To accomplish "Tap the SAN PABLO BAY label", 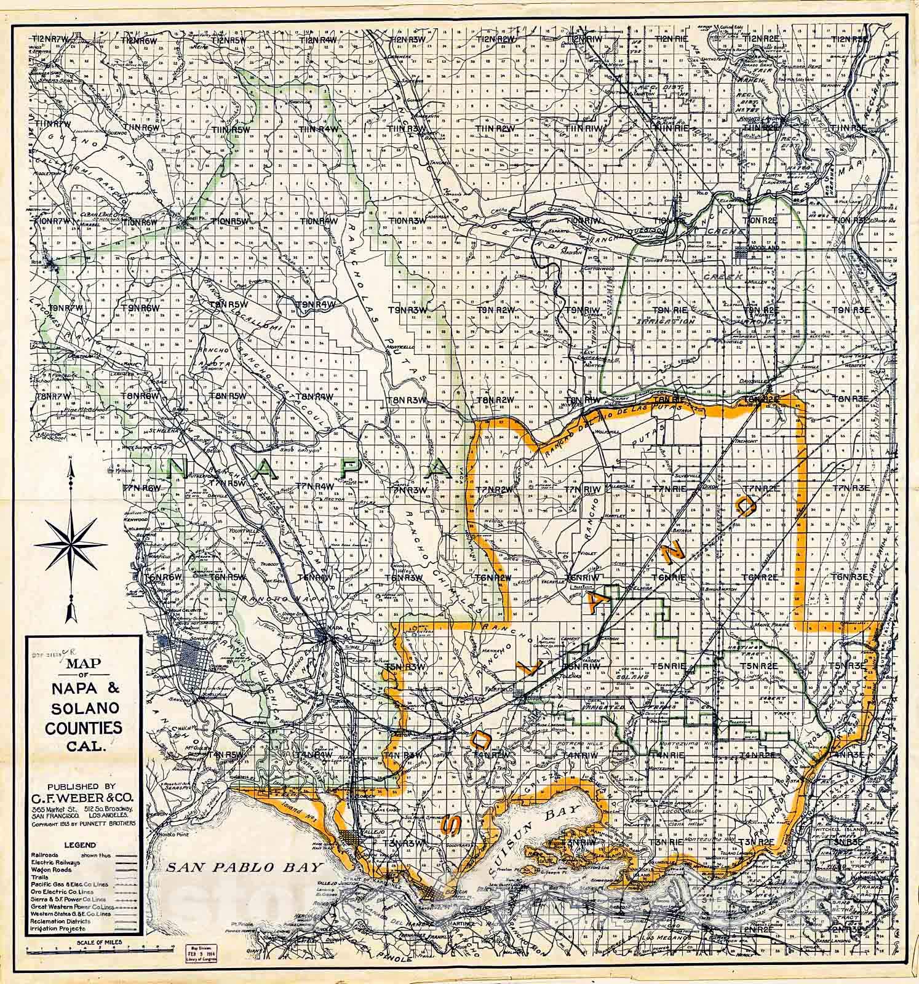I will click(x=244, y=868).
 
